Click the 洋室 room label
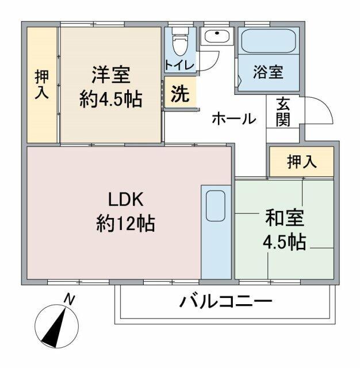[110, 75]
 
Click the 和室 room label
[284, 219]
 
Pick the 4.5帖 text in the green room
[284, 241]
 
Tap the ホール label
[233, 119]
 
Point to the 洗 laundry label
[180, 94]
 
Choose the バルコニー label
[225, 301]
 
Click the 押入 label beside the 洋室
[41, 84]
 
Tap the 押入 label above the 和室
[301, 162]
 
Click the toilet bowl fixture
[179, 41]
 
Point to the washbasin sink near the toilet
[217, 37]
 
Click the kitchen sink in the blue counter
[216, 205]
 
